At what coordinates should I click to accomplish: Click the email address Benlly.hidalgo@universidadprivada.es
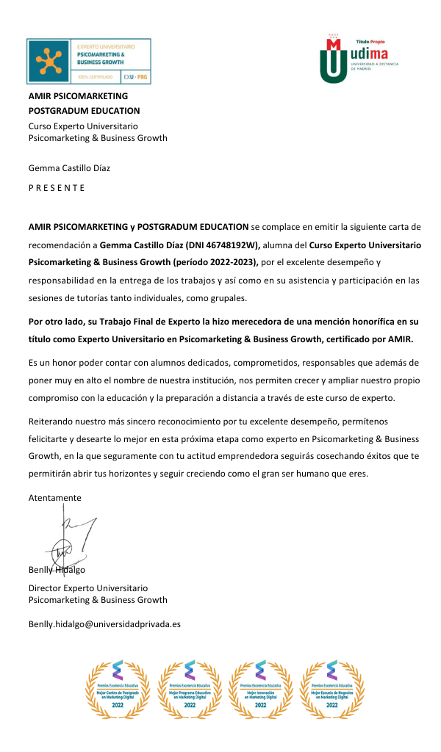click(104, 624)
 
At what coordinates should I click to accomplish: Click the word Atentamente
click(55, 497)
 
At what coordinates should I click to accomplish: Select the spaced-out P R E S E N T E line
click(57, 187)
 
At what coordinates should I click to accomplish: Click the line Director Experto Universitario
click(88, 587)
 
